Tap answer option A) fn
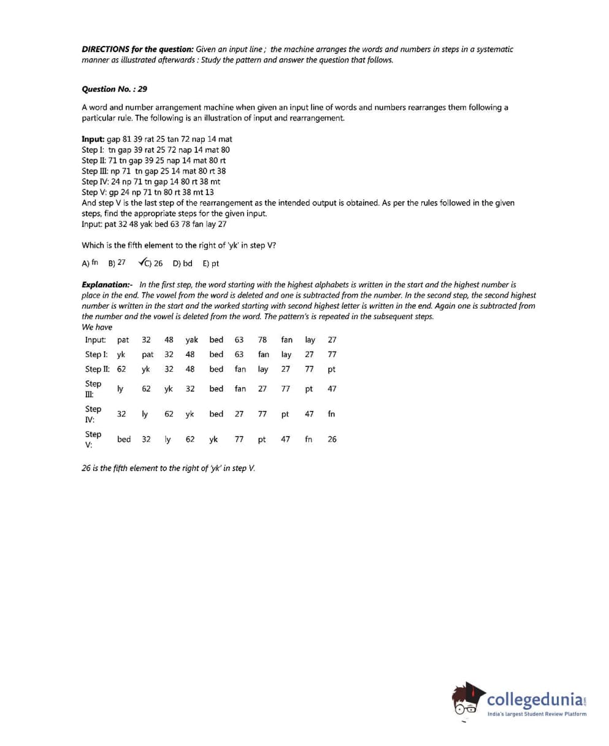pyautogui.click(x=90, y=263)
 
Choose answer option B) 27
pyautogui.click(x=117, y=263)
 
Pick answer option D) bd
pyautogui.click(x=182, y=264)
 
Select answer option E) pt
pyautogui.click(x=210, y=264)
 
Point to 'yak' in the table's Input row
pyautogui.click(x=191, y=340)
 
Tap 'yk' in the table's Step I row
pyautogui.click(x=121, y=355)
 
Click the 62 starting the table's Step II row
pyautogui.click(x=121, y=369)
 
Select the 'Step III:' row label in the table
pyautogui.click(x=93, y=389)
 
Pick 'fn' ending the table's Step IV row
pyautogui.click(x=331, y=414)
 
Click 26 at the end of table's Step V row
pyautogui.click(x=332, y=439)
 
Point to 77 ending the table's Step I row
pyautogui.click(x=332, y=355)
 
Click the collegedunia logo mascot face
pyautogui.click(x=467, y=703)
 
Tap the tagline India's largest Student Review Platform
pyautogui.click(x=537, y=713)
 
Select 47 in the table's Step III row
pyautogui.click(x=332, y=389)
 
